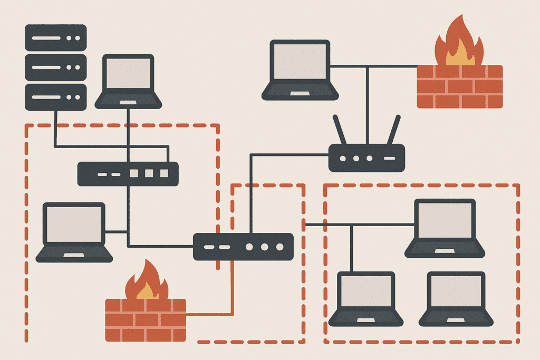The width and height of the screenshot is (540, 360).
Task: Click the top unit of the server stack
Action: [x=55, y=38]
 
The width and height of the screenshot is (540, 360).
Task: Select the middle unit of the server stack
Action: [x=55, y=67]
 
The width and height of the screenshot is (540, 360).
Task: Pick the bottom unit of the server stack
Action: [x=55, y=97]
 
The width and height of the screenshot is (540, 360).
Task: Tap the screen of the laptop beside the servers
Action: [x=128, y=74]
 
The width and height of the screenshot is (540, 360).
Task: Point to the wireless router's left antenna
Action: [x=340, y=130]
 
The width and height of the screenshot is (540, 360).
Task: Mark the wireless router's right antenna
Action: [x=393, y=130]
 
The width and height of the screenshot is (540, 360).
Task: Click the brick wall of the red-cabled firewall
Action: [x=146, y=319]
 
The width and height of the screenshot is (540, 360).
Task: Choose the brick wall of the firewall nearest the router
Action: [x=459, y=86]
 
